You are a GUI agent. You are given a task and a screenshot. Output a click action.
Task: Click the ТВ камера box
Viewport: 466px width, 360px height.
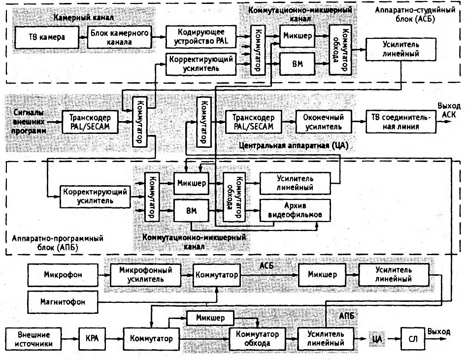coord(47,37)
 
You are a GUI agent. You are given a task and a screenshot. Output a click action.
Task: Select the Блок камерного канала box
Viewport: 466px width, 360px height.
coord(120,37)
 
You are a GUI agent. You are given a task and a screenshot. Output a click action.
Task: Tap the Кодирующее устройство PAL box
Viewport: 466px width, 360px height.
coord(201,36)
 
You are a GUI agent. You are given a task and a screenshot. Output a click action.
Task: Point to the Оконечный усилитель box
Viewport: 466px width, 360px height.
coord(324,122)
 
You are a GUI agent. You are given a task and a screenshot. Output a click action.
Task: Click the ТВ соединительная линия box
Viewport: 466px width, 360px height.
coord(401,122)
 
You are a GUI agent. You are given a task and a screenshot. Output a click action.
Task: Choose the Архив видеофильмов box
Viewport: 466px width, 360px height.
coord(295,210)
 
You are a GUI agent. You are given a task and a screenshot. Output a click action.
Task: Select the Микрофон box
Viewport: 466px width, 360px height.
coord(63,275)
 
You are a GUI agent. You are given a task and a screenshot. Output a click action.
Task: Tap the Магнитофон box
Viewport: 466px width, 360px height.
coord(63,302)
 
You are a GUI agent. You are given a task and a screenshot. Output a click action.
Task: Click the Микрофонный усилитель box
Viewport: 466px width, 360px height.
coord(146,275)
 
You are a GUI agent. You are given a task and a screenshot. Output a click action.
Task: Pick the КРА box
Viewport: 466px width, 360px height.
coord(92,339)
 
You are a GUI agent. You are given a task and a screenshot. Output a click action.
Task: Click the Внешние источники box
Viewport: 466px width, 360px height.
coord(33,339)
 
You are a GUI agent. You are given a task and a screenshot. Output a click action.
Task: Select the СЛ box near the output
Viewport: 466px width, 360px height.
coord(413,339)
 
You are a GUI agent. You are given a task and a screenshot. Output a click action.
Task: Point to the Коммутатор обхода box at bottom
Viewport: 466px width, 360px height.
coord(257,339)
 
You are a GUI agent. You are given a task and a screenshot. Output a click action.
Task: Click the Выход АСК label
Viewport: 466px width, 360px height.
coord(449,110)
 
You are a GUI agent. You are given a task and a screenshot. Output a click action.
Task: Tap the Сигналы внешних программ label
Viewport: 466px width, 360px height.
coord(29,122)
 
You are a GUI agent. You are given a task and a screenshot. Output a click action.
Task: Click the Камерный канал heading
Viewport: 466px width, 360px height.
coord(84,17)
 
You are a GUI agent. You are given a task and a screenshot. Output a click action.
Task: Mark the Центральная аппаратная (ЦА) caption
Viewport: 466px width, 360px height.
coord(293,146)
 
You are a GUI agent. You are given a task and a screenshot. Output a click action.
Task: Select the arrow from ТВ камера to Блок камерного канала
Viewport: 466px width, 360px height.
coord(83,37)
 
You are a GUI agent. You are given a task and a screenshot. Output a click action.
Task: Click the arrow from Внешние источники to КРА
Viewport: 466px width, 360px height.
coord(70,339)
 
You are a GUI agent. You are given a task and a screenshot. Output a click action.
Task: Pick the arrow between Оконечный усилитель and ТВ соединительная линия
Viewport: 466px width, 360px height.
coord(359,122)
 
